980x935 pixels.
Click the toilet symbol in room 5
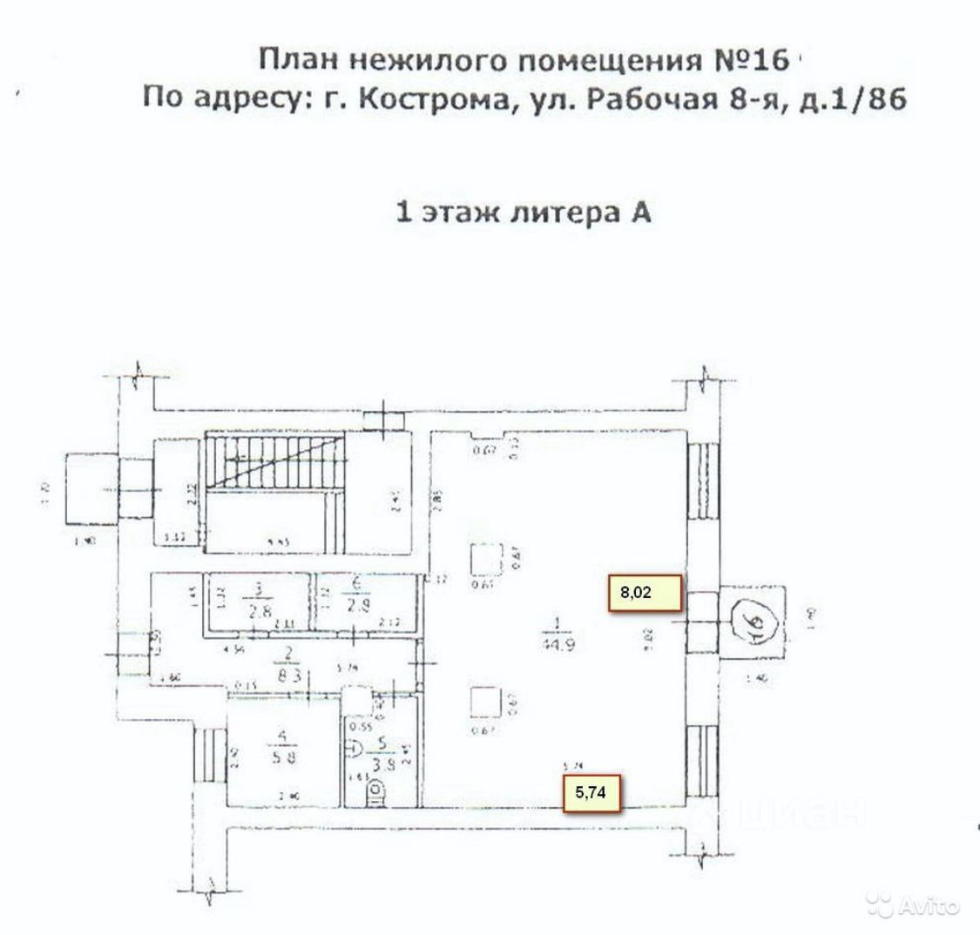[x=375, y=793]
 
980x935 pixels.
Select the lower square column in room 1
[x=483, y=702]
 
